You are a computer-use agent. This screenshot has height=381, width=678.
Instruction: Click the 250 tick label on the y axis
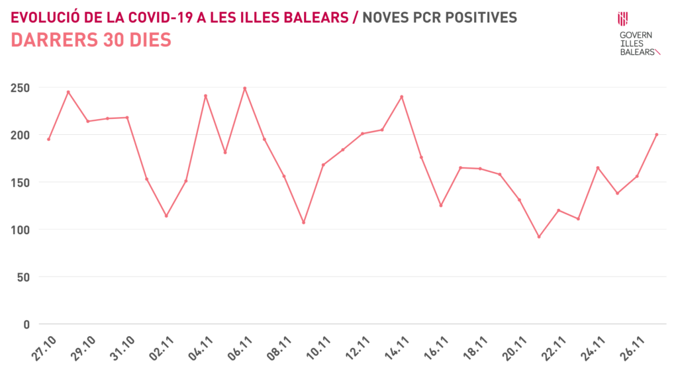[x=19, y=87]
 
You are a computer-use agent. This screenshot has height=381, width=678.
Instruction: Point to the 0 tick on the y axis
[x=26, y=324]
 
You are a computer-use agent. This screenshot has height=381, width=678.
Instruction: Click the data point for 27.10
[x=48, y=139]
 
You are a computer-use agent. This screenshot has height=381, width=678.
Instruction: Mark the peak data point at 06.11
[x=245, y=88]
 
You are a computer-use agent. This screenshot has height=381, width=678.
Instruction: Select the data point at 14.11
[x=402, y=97]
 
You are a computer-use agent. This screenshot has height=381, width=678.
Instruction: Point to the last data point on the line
[x=656, y=134]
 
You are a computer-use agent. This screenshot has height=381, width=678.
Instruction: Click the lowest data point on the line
[x=539, y=237]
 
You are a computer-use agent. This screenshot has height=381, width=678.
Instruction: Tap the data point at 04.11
[x=205, y=96]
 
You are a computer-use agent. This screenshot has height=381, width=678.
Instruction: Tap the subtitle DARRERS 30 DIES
[x=91, y=40]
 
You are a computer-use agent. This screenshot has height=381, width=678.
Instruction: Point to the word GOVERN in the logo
[x=635, y=35]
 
